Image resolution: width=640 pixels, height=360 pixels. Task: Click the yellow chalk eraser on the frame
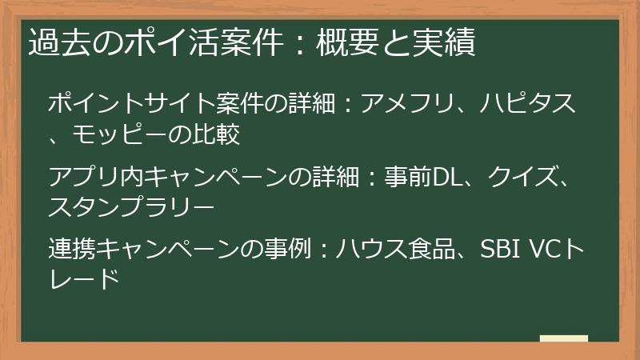[564, 338]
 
